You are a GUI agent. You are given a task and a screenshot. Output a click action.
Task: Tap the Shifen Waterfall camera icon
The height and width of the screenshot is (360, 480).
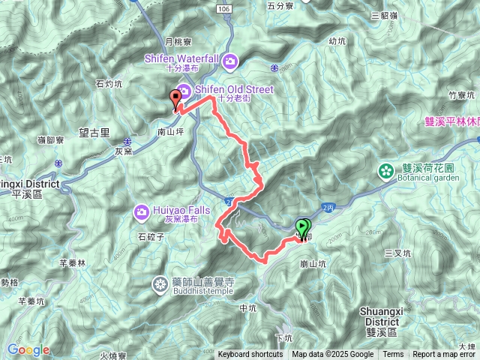pos(231,60)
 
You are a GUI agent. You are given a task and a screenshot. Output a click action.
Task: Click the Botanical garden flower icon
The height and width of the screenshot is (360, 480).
pos(386,170)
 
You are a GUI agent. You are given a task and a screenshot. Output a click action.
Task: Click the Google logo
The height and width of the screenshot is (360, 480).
pos(28,349)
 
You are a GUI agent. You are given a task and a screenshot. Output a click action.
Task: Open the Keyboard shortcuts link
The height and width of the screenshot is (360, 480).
pos(250,355)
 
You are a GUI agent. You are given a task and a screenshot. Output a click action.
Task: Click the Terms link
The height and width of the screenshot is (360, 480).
pos(393,355)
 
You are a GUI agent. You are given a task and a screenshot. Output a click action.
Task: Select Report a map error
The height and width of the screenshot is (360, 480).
pos(444,355)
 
